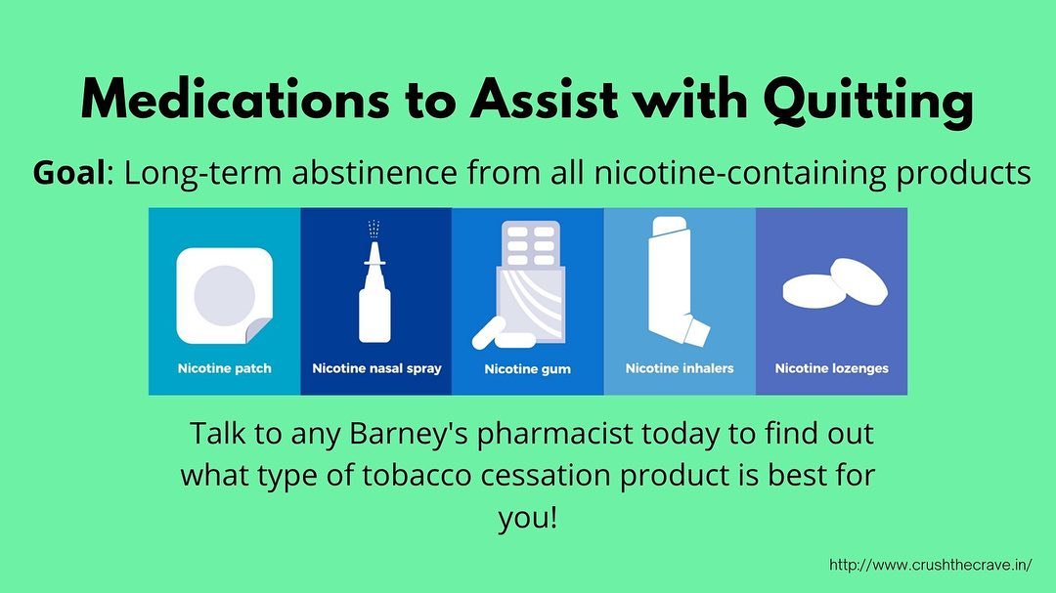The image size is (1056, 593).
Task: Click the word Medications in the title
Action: (x=235, y=101)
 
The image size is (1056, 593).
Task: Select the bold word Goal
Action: (x=68, y=172)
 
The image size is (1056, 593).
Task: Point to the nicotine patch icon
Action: (x=224, y=295)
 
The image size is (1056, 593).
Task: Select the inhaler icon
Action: (x=677, y=281)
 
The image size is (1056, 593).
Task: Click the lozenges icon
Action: (x=835, y=283)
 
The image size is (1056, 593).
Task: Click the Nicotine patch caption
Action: (x=224, y=368)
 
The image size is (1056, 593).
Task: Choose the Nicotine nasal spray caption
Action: (x=376, y=368)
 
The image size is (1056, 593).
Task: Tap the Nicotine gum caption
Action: (x=527, y=369)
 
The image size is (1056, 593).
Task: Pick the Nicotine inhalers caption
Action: (x=680, y=368)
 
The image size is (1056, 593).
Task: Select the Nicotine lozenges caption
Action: (x=832, y=368)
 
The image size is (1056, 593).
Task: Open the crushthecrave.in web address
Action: (x=930, y=565)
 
